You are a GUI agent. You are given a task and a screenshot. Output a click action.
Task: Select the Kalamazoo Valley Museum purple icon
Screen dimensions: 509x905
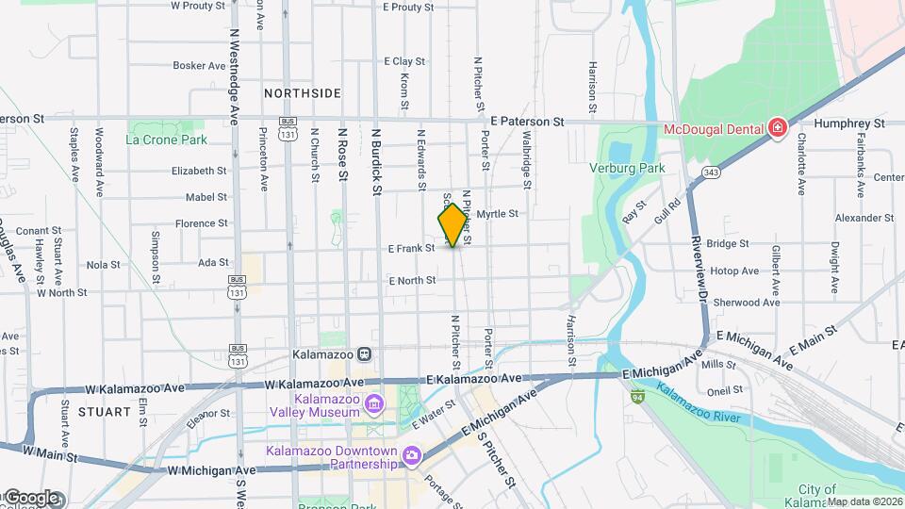[374, 404]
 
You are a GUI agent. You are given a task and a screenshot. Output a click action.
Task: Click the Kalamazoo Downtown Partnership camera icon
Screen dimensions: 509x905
[411, 457]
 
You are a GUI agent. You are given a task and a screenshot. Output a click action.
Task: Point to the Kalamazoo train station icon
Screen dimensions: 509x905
[364, 354]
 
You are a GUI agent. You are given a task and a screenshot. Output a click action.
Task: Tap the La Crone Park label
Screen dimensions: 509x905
[166, 140]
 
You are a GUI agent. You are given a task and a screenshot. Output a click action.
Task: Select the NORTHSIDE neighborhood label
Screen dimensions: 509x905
[302, 93]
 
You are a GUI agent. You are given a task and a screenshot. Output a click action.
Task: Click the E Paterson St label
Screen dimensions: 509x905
[527, 122]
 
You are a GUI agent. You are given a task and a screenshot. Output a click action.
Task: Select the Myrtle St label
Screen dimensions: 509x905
[498, 214]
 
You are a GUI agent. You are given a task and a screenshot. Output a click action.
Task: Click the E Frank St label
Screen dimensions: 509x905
[411, 249]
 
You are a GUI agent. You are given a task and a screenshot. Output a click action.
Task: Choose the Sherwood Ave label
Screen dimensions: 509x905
[746, 303]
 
